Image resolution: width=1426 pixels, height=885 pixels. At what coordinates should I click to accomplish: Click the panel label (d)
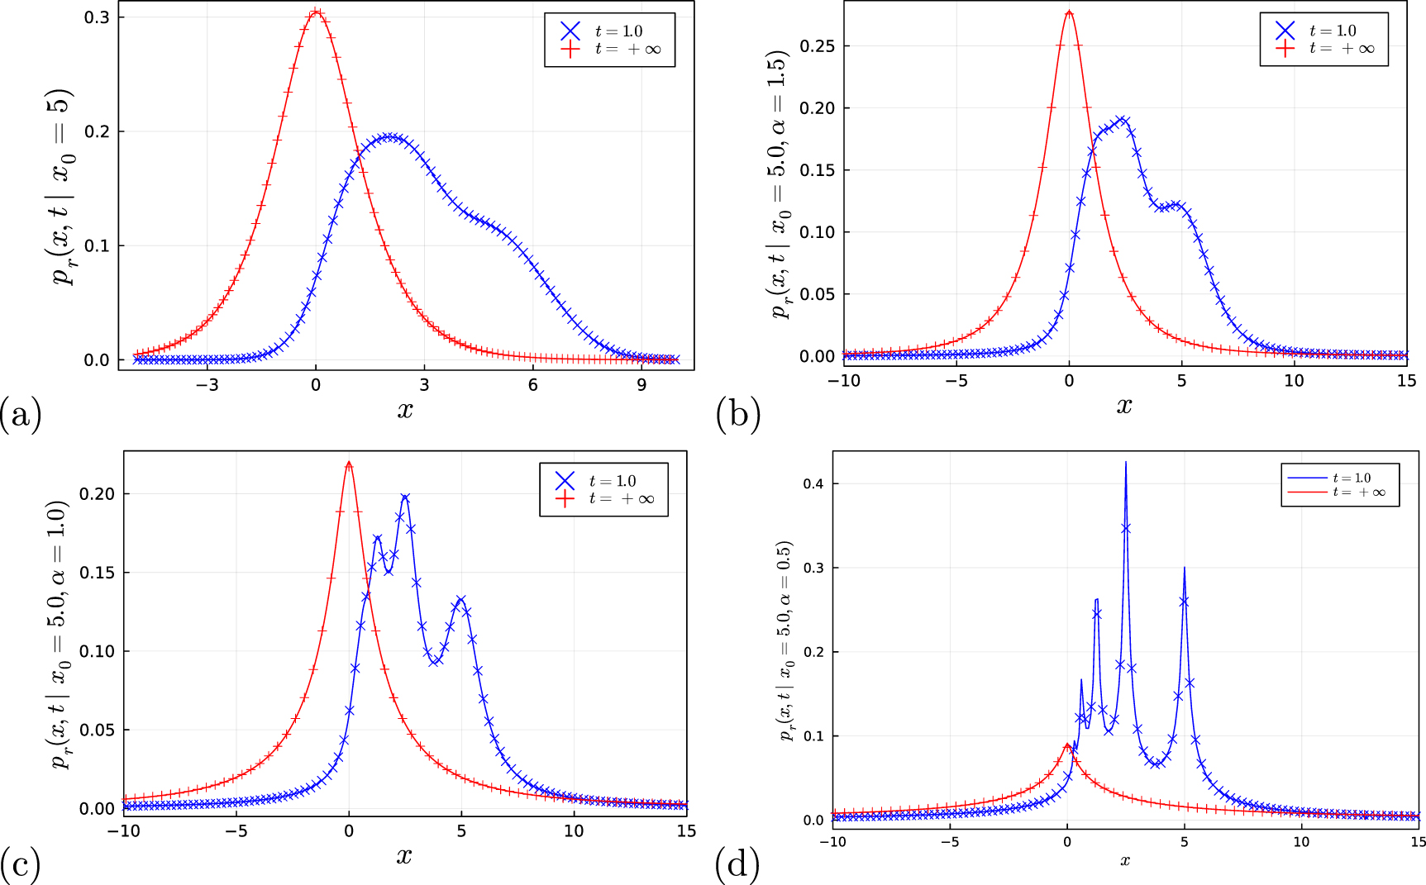[737, 865]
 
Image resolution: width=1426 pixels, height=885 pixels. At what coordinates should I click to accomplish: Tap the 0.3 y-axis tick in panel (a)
[97, 17]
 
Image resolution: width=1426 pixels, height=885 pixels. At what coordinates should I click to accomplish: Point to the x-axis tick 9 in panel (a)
[641, 385]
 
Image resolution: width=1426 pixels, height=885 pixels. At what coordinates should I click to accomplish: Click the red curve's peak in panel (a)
[316, 12]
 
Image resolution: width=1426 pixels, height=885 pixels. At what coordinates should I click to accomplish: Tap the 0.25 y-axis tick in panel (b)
[818, 46]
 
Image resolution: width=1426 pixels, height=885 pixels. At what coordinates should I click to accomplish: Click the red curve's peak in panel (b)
[1069, 12]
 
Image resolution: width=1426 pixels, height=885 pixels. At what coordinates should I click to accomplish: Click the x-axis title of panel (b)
[1124, 406]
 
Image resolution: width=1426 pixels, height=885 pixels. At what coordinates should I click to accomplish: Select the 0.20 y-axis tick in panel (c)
[96, 494]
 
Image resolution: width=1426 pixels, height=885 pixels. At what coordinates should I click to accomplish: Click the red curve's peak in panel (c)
[349, 463]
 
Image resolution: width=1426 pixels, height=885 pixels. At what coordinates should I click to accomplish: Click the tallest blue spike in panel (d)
[1126, 464]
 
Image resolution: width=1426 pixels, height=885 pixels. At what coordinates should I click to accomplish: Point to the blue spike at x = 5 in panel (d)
[1185, 569]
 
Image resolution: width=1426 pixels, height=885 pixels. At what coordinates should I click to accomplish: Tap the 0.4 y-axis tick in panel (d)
[813, 483]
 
